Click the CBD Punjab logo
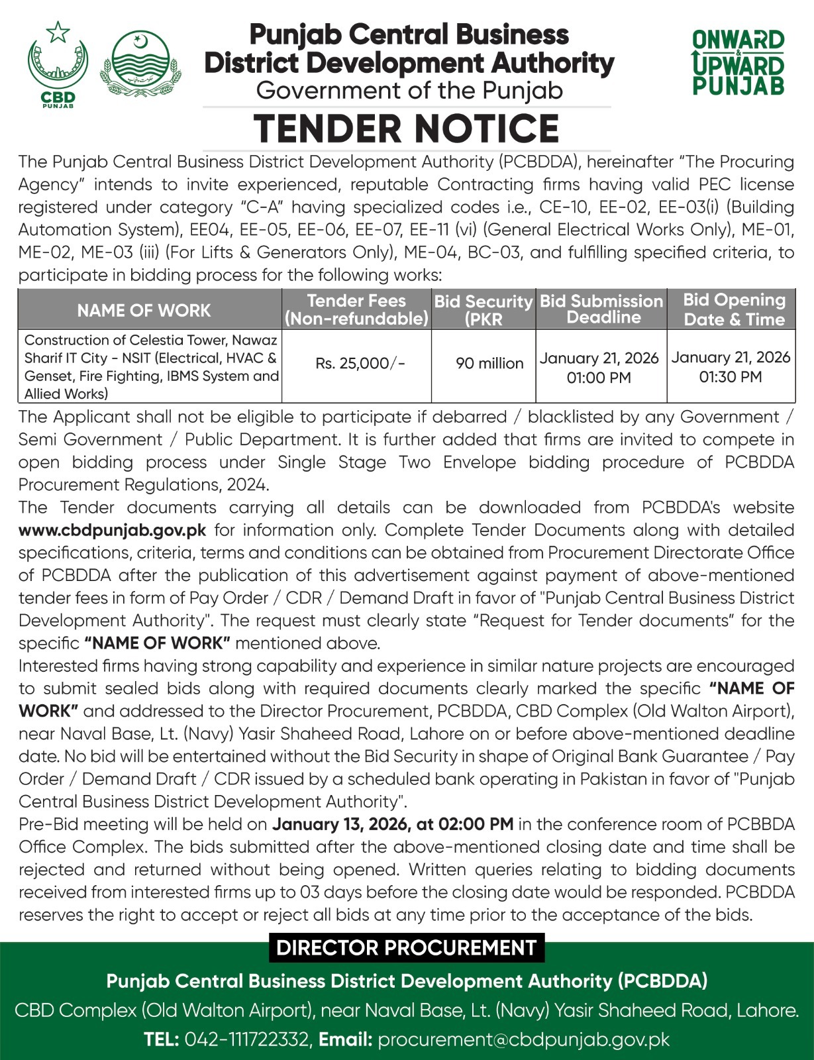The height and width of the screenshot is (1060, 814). point(58,65)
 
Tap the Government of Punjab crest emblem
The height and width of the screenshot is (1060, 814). point(140,64)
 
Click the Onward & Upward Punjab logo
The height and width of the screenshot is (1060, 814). point(738,63)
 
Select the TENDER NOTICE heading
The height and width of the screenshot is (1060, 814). point(407,129)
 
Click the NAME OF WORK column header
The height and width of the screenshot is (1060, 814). point(144,310)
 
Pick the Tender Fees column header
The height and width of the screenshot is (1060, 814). point(356,309)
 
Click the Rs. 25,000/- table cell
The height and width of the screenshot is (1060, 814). point(360,363)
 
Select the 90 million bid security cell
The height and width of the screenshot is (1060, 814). point(489,363)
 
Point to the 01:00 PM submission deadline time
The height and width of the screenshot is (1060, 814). point(599,378)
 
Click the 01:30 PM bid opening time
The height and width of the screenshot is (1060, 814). point(730,376)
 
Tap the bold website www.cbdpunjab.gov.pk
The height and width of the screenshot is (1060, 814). point(113,530)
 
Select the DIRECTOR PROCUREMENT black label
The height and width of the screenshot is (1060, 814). point(406,947)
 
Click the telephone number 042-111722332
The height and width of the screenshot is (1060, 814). point(246,1039)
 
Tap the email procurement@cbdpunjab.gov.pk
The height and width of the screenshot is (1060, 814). point(523,1039)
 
